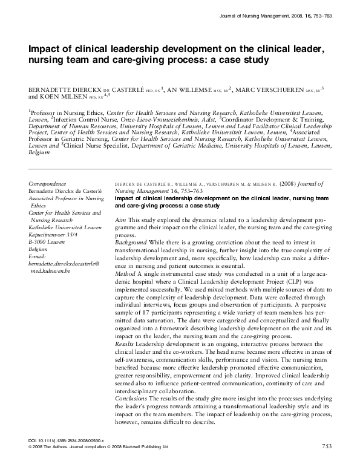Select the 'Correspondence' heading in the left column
(x=49, y=183)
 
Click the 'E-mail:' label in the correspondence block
(x=39, y=256)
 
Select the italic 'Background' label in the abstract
(x=130, y=242)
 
